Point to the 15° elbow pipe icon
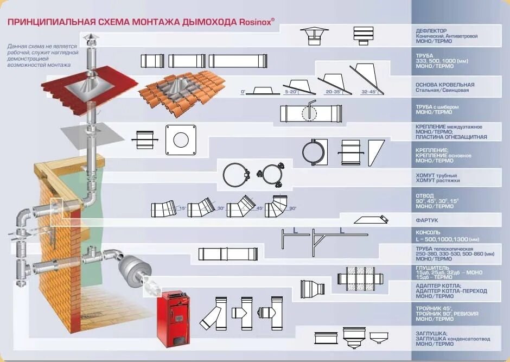163,208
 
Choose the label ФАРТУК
427,220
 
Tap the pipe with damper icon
310,113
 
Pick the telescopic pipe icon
228,254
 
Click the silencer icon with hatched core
361,278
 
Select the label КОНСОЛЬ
428,232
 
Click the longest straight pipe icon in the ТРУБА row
238,61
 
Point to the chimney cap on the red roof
88,39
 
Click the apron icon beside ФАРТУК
371,220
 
